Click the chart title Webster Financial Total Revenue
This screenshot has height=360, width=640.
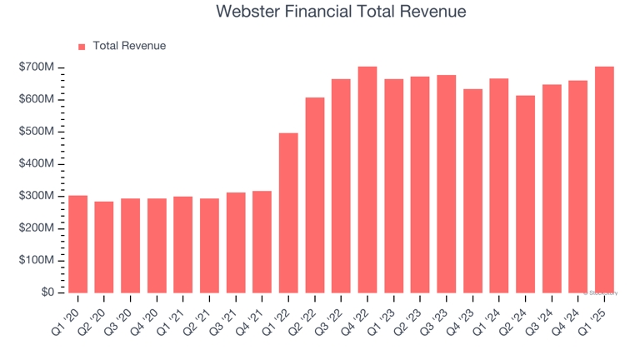click(x=341, y=12)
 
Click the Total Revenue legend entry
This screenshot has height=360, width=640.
click(x=129, y=46)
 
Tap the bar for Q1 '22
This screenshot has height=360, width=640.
click(x=288, y=212)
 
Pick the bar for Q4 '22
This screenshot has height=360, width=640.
click(x=367, y=179)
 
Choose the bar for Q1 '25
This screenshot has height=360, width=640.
click(x=604, y=179)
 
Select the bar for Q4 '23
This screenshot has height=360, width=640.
click(x=472, y=191)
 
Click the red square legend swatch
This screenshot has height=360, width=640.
click(x=82, y=47)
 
